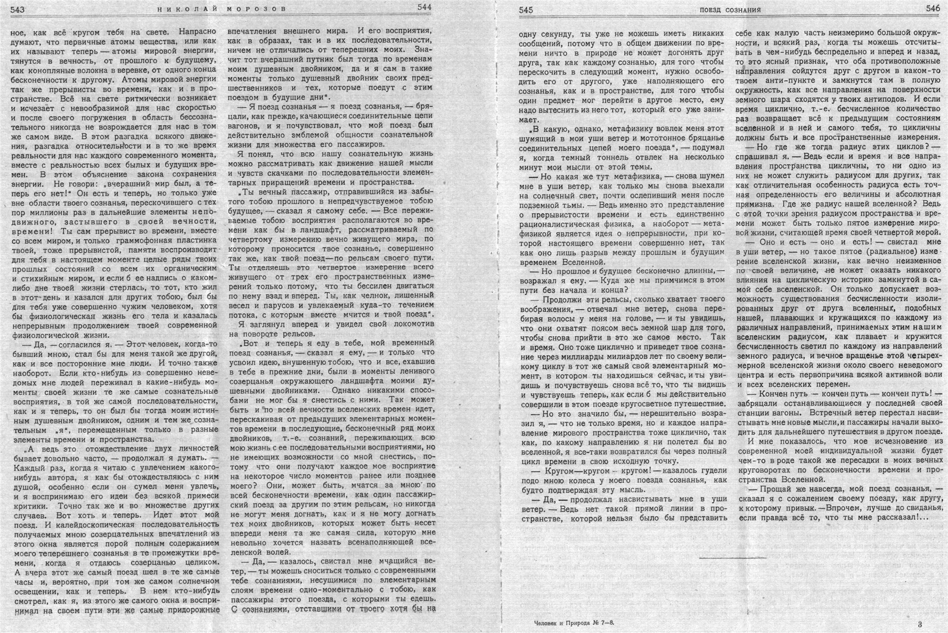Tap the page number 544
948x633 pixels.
pos(424,7)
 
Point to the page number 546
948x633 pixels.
pos(933,8)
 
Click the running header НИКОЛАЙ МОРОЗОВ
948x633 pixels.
pos(222,9)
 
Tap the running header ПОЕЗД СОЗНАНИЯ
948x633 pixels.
pos(730,10)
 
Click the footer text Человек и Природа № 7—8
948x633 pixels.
pos(569,622)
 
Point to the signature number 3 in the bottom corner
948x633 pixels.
pos(920,624)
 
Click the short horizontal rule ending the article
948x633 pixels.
pos(733,557)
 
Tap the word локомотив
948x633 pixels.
pos(407,324)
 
